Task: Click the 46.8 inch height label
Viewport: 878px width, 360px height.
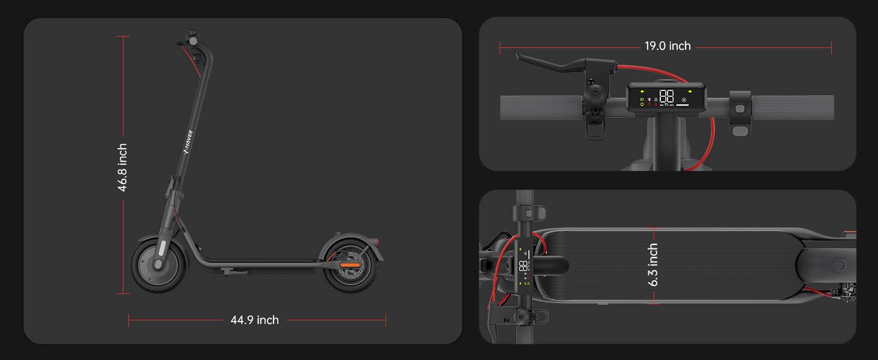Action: [x=122, y=167]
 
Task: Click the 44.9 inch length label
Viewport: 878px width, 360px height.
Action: [x=255, y=320]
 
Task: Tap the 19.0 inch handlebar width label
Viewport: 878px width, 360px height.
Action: [x=667, y=46]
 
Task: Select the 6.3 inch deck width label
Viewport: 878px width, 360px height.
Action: [x=653, y=265]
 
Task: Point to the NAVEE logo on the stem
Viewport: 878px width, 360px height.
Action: [x=188, y=142]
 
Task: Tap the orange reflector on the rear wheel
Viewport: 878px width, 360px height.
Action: [x=350, y=265]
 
